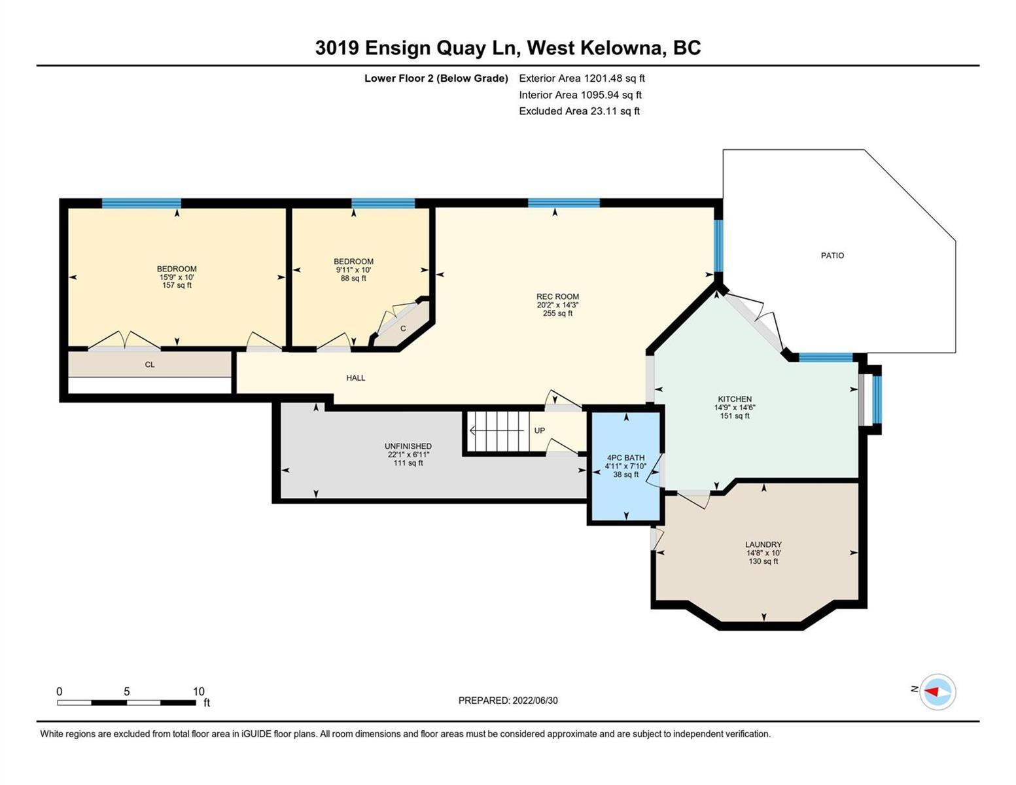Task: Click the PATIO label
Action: point(832,255)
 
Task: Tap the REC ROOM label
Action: point(557,296)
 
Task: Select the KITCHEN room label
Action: point(735,399)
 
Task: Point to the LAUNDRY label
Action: point(763,544)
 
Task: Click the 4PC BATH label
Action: point(625,458)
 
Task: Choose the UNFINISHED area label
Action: point(408,446)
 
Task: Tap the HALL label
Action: point(355,377)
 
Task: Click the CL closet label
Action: point(150,364)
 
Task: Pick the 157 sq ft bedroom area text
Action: point(177,285)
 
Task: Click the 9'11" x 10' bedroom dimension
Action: point(353,270)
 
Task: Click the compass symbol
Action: point(937,692)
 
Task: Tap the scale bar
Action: point(126,702)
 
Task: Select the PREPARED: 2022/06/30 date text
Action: point(508,701)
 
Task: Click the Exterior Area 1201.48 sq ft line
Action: point(582,78)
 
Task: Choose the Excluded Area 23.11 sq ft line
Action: point(579,111)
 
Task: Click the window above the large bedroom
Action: point(141,203)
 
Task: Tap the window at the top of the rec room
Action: point(564,203)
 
